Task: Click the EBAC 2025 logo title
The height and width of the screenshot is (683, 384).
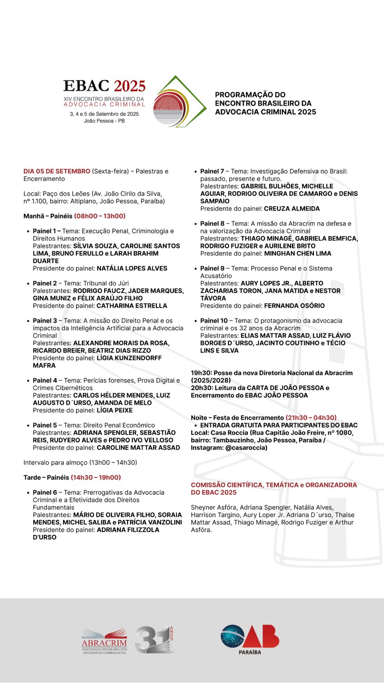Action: tap(105, 86)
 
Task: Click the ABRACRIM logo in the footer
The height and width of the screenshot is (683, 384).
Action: tap(104, 640)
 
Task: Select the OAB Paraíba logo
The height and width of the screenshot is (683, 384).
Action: tap(250, 639)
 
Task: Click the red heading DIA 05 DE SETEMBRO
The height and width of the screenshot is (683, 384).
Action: tap(57, 171)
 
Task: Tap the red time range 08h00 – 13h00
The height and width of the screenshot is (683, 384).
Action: tap(100, 216)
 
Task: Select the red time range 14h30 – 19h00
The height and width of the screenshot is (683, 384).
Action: tap(96, 477)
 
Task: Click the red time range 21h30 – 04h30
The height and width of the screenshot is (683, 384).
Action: tap(311, 417)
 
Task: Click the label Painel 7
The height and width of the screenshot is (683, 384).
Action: tap(212, 171)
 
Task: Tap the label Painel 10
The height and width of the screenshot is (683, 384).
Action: tap(214, 321)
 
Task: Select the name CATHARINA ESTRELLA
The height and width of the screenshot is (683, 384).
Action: tap(132, 306)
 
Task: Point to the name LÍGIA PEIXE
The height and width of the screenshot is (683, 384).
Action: tap(115, 410)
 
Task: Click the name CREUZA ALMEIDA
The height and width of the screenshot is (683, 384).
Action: tap(292, 209)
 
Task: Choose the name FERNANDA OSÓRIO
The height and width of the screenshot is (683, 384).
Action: tap(294, 306)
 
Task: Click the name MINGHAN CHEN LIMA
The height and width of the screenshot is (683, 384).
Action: tap(298, 254)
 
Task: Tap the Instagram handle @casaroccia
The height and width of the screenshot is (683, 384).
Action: tap(246, 448)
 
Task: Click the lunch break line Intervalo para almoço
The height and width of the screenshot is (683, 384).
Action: tap(80, 462)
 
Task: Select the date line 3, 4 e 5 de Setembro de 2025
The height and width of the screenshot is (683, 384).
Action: tap(105, 114)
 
